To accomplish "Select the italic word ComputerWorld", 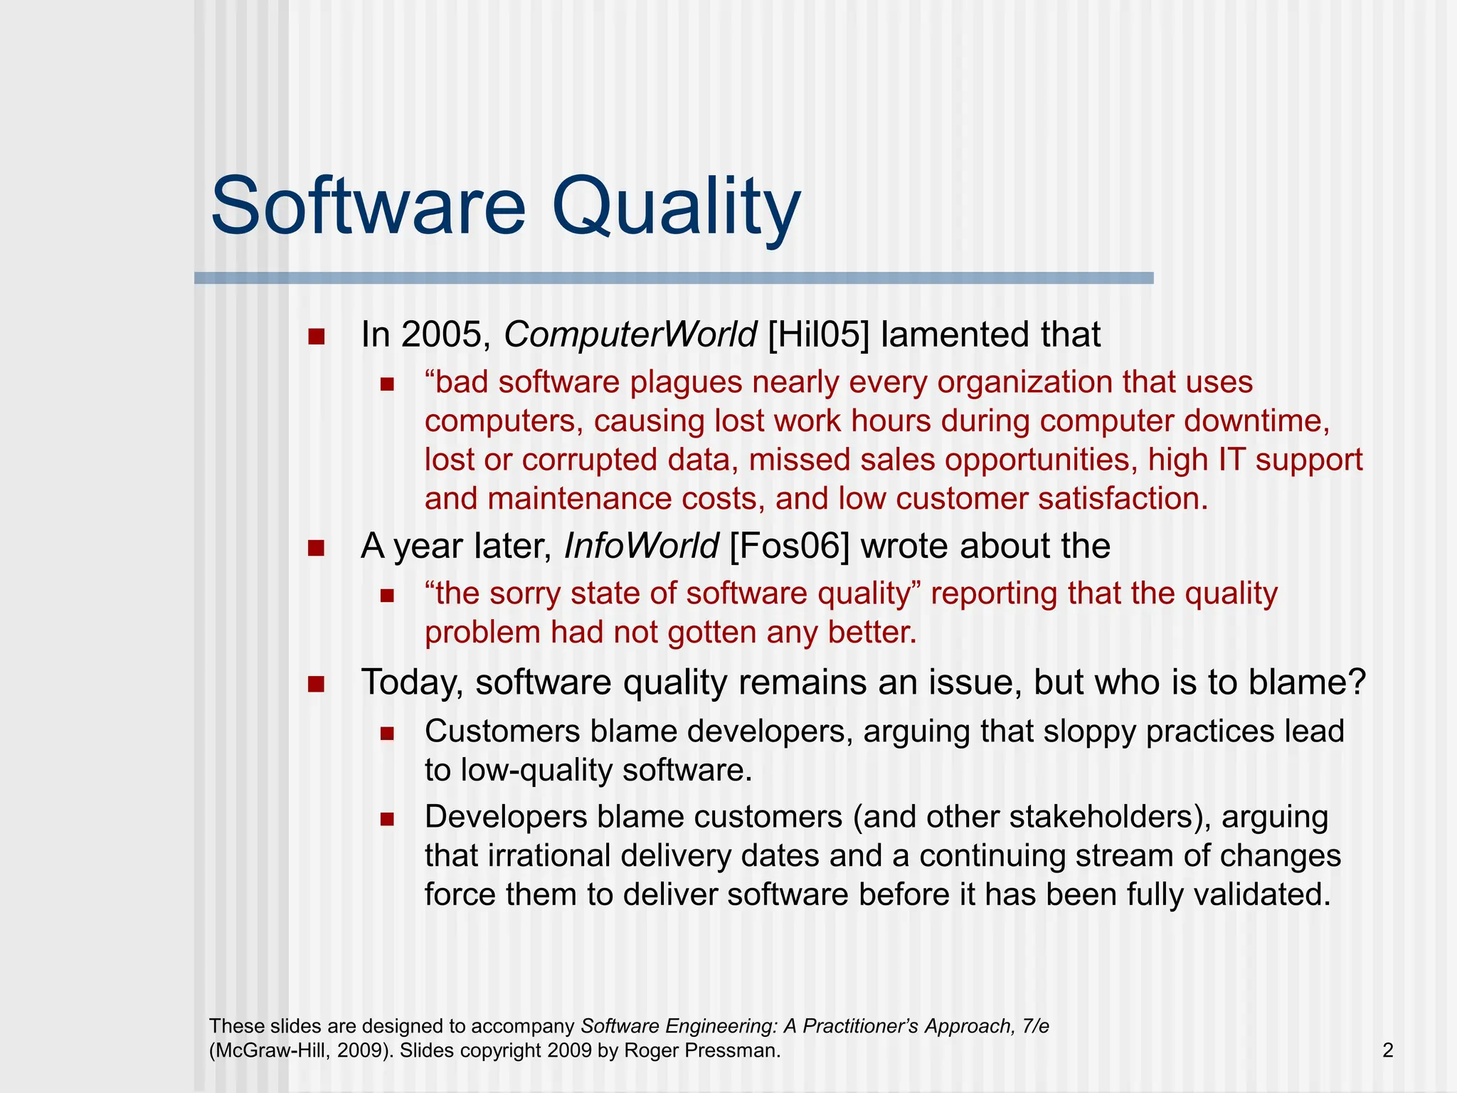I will [x=630, y=334].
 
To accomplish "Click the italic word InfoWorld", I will [x=641, y=546].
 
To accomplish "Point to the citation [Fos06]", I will [x=789, y=546].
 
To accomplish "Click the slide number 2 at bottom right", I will [x=1387, y=1050].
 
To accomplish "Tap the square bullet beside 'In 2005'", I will [x=317, y=337].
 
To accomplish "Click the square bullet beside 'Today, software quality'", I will [x=317, y=685].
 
